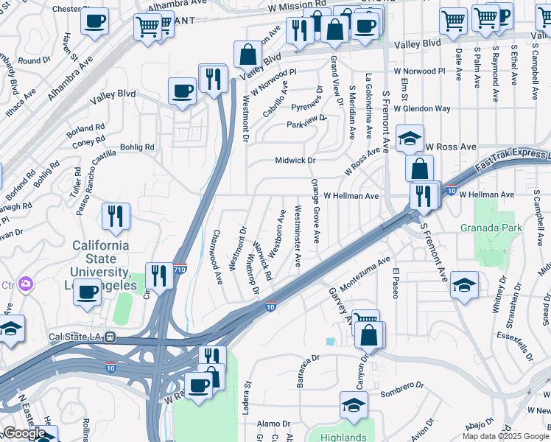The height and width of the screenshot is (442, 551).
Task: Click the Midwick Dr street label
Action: (x=295, y=160)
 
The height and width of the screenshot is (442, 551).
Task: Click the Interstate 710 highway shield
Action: (x=180, y=270)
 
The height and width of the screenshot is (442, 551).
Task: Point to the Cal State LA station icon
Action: (x=110, y=337)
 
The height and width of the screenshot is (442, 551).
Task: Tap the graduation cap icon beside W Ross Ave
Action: (x=410, y=138)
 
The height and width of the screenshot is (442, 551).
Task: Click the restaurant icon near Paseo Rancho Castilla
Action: (x=116, y=216)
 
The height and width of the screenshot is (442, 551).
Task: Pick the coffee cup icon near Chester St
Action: (x=94, y=22)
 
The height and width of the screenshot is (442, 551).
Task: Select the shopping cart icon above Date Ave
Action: (x=453, y=20)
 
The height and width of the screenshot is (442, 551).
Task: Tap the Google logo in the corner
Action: (x=24, y=433)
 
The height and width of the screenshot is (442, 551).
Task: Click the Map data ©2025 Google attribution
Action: (x=505, y=436)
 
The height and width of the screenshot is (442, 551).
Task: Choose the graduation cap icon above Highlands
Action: (x=354, y=404)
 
